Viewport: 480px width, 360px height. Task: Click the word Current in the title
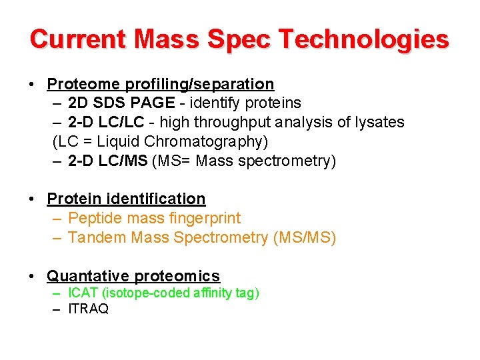78,39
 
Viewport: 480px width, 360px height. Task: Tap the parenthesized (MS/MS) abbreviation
304,238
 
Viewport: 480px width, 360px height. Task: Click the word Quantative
88,276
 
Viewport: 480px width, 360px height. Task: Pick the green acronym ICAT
82,293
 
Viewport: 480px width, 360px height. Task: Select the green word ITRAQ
88,309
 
